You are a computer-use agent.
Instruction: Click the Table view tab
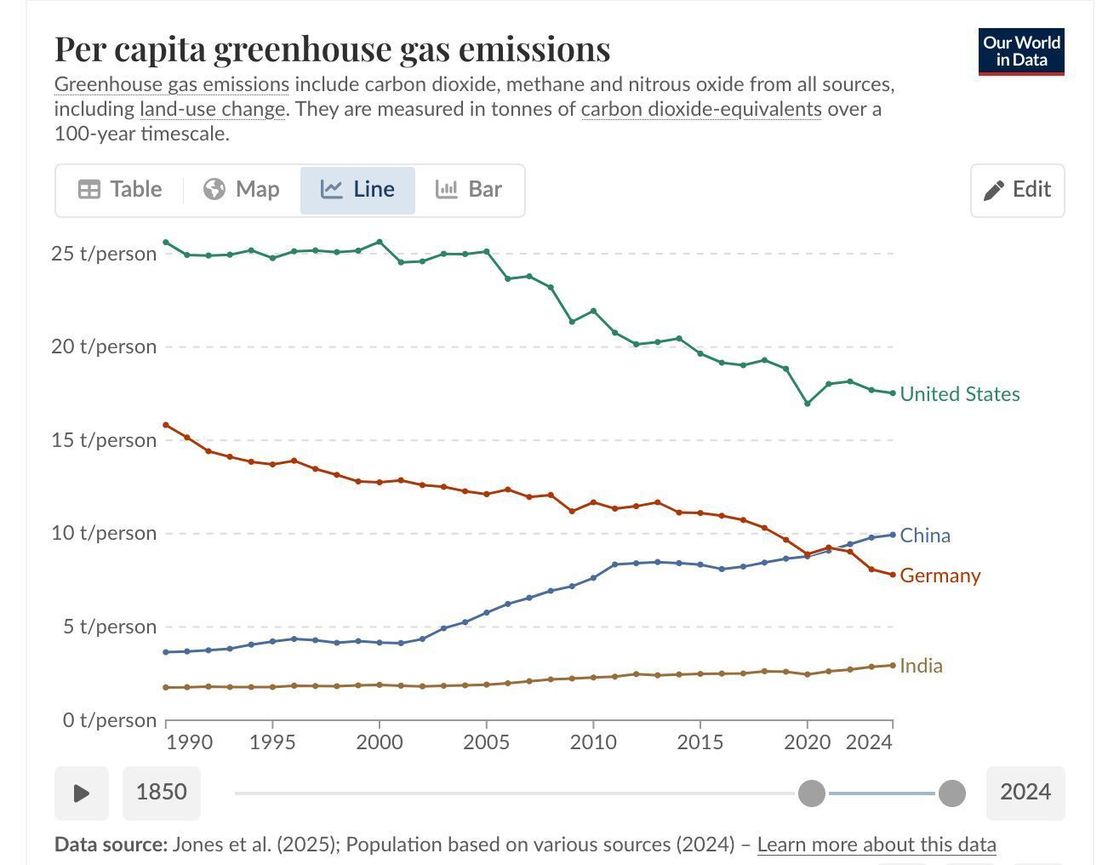(120, 190)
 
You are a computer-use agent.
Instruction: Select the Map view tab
(242, 190)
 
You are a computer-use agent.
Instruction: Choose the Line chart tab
(357, 190)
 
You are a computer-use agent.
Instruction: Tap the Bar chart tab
(469, 190)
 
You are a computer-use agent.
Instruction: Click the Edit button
(1017, 190)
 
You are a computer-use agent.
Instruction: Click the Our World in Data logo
(1021, 52)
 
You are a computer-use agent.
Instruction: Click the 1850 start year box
(161, 793)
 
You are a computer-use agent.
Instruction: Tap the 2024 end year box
(1025, 793)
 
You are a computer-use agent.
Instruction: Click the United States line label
(959, 394)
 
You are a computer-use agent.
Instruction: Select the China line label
(924, 536)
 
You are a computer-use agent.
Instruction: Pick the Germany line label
(940, 576)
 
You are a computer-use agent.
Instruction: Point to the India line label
(921, 666)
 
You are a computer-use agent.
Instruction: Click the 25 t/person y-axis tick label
(104, 254)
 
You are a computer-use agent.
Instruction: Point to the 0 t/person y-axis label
(109, 720)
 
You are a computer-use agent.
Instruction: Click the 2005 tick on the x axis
(486, 742)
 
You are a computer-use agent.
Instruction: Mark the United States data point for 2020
(808, 404)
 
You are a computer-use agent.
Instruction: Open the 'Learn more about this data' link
(876, 845)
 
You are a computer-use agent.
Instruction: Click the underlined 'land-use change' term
(212, 109)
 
